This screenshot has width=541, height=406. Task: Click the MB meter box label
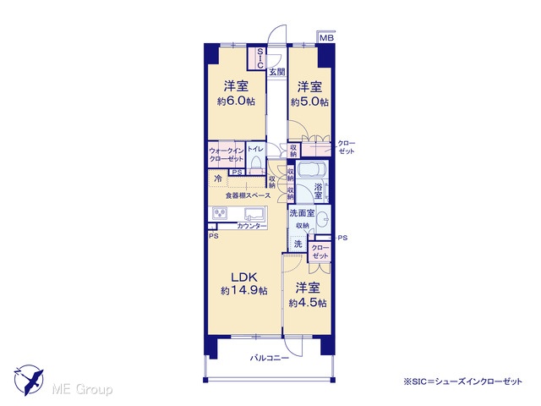coord(326,37)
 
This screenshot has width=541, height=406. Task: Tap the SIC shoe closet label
coord(260,58)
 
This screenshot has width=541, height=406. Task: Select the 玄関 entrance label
coord(277,72)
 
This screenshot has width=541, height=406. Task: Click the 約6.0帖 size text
coord(237,101)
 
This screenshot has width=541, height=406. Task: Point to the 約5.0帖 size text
coord(309,101)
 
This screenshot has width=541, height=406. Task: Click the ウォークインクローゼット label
coord(227,155)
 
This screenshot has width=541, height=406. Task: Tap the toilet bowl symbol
coord(256,163)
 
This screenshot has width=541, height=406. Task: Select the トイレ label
coord(255,149)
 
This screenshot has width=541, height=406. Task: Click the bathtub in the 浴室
coord(312,169)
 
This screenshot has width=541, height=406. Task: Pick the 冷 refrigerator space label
coord(218,178)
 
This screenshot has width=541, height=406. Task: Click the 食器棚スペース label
coord(248,195)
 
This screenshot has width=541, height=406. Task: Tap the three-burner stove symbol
coord(220,214)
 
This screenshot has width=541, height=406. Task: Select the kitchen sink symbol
coord(255,214)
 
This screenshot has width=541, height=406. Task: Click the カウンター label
coord(252,226)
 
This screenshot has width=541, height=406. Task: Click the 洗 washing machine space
coord(298,244)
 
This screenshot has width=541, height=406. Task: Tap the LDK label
coord(244,277)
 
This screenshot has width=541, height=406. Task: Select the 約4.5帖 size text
coord(308,303)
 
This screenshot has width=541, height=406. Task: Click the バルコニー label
coord(270,358)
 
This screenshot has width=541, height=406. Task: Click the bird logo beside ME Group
coord(30,380)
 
